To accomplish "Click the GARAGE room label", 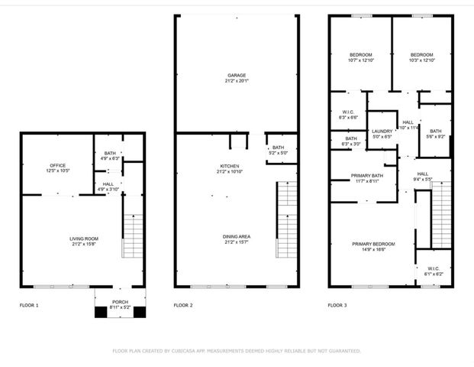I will [x=235, y=76].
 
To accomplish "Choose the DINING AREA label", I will [x=234, y=236].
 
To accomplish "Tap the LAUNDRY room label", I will [x=382, y=131].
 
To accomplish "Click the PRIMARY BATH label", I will [x=367, y=176].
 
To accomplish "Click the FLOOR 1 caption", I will [x=29, y=305].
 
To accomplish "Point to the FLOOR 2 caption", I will [x=183, y=305].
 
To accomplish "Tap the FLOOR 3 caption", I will [x=337, y=305].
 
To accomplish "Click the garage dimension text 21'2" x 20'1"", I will [x=235, y=81].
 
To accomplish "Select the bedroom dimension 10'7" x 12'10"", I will [x=360, y=60].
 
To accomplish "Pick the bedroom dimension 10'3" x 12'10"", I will [x=421, y=60].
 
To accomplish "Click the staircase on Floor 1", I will [x=132, y=226].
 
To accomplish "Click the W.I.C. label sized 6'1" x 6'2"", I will [x=433, y=268].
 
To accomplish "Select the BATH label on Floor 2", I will [x=278, y=148].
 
